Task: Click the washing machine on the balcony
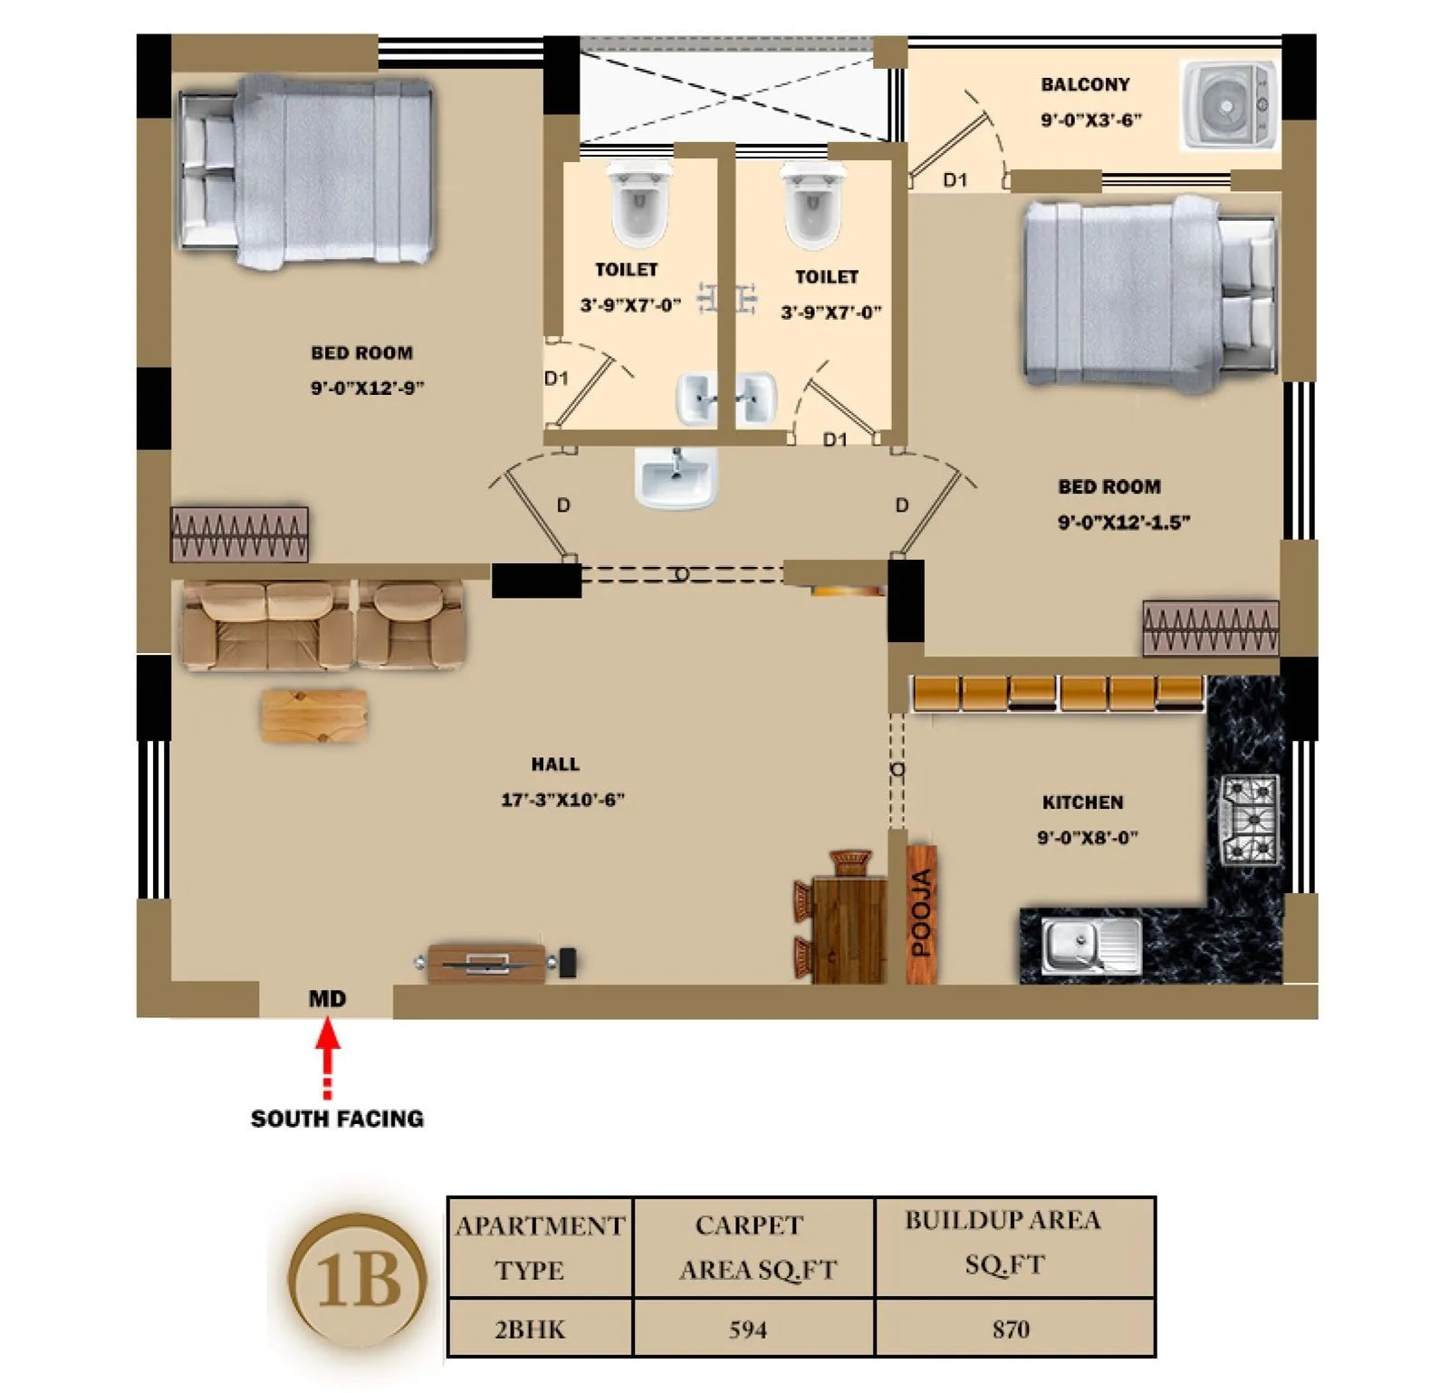pyautogui.click(x=1228, y=105)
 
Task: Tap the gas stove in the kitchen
pyautogui.click(x=1251, y=819)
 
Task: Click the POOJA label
pyautogui.click(x=921, y=913)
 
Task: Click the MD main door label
pyautogui.click(x=327, y=999)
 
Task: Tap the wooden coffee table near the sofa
pyautogui.click(x=314, y=716)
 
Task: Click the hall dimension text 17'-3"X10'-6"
pyautogui.click(x=562, y=800)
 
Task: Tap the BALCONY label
pyautogui.click(x=1085, y=84)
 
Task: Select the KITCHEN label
pyautogui.click(x=1082, y=802)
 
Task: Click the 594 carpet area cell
pyautogui.click(x=748, y=1330)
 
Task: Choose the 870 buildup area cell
pyautogui.click(x=1011, y=1330)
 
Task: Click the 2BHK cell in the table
pyautogui.click(x=530, y=1330)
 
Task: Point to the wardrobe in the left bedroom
pyautogui.click(x=239, y=534)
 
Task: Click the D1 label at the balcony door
pyautogui.click(x=955, y=180)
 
